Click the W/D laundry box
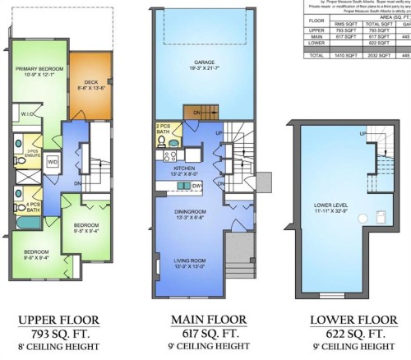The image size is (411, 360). pyautogui.click(x=53, y=161)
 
